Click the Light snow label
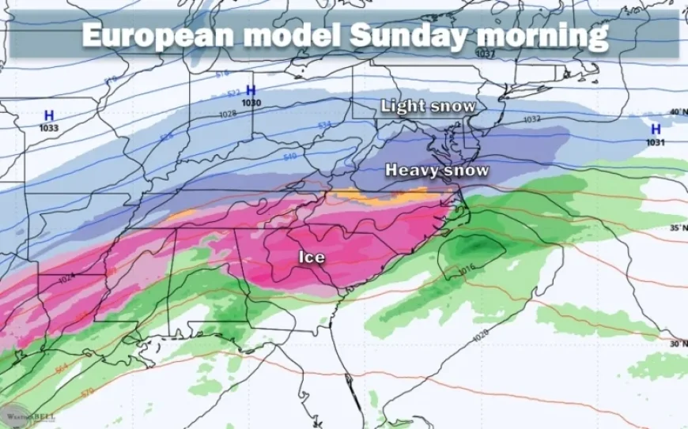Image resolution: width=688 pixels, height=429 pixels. [429, 106]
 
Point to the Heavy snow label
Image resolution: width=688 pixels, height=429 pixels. [437, 170]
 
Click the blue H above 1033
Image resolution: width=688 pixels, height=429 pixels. [48, 115]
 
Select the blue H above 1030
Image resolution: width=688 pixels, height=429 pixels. [251, 90]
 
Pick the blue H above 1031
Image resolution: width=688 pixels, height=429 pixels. [656, 130]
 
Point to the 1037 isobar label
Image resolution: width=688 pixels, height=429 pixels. [486, 54]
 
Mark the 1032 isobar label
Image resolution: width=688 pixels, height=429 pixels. [531, 119]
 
